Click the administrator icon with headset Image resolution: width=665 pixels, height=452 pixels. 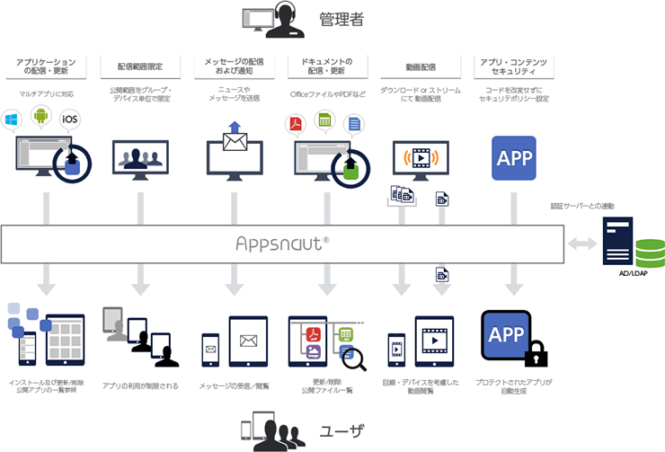[270, 20]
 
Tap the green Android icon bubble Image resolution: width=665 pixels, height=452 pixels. [40, 115]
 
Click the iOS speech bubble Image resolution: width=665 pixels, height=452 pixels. [69, 119]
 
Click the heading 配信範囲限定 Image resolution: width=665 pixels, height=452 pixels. [140, 67]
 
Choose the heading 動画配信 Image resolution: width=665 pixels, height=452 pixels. [421, 67]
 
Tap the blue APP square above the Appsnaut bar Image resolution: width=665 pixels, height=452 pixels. [514, 158]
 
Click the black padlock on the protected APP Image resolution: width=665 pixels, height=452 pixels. [536, 354]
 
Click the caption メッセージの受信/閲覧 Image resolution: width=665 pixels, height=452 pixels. [235, 386]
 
